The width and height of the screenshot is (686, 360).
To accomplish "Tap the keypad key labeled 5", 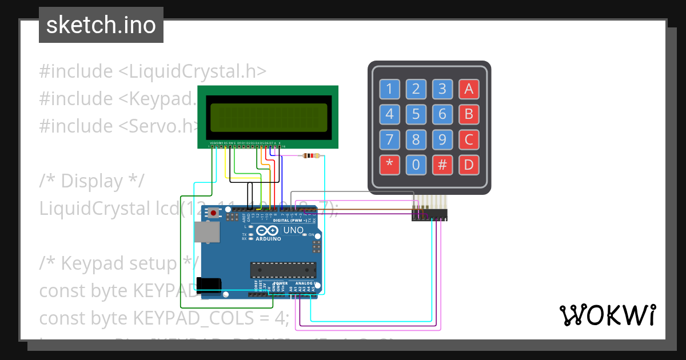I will pyautogui.click(x=416, y=114).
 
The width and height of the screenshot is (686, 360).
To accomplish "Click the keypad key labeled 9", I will pyautogui.click(x=442, y=139).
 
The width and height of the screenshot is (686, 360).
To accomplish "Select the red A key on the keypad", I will pyautogui.click(x=469, y=89).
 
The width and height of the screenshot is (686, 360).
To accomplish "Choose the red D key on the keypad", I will pyautogui.click(x=469, y=165).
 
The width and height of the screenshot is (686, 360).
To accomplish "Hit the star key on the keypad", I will pyautogui.click(x=390, y=165).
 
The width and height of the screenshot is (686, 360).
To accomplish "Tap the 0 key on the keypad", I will pyautogui.click(x=416, y=165).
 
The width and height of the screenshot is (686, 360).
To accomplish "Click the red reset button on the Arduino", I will pyautogui.click(x=214, y=213).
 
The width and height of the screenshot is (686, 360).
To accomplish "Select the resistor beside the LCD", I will pyautogui.click(x=311, y=155).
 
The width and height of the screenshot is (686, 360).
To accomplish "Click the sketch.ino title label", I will pyautogui.click(x=101, y=25).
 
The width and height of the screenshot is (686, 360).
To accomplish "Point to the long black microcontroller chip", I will pyautogui.click(x=283, y=270).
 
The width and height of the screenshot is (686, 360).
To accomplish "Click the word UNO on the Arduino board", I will pyautogui.click(x=293, y=230).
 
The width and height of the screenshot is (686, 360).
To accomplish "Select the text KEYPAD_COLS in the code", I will pyautogui.click(x=192, y=317).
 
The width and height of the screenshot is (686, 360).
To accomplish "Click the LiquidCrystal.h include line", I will pyautogui.click(x=153, y=71).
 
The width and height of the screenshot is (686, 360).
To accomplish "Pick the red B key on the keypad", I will pyautogui.click(x=469, y=114).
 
